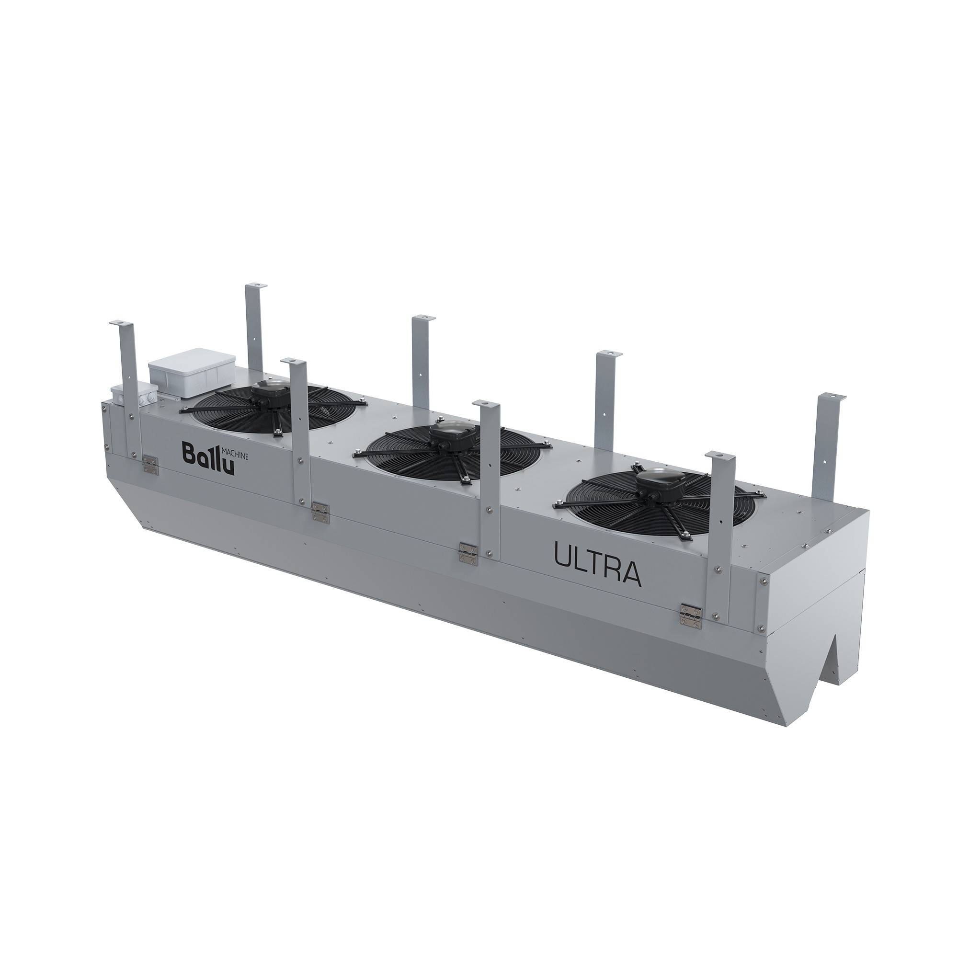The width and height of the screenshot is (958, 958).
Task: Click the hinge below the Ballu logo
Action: point(150,465)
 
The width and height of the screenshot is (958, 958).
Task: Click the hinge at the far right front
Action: point(691,616)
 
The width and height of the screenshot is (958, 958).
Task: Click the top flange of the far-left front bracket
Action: point(122,322)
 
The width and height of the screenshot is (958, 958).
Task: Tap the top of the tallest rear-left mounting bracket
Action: point(255,286)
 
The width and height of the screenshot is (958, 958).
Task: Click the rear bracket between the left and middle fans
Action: point(423,357)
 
